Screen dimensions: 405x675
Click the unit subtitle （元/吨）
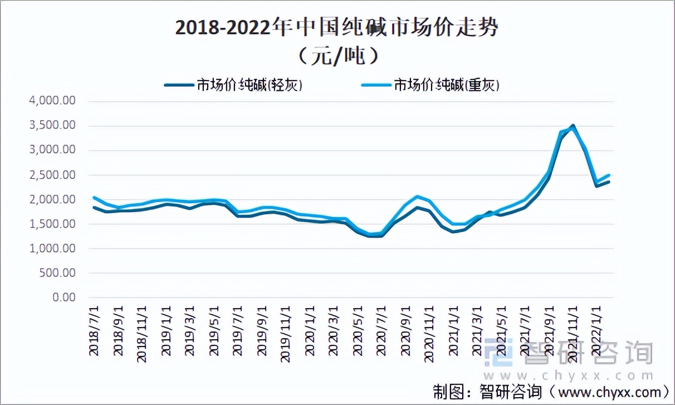point(337,56)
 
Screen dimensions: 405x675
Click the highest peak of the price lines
point(573,126)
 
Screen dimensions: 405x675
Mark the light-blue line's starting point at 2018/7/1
point(94,197)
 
